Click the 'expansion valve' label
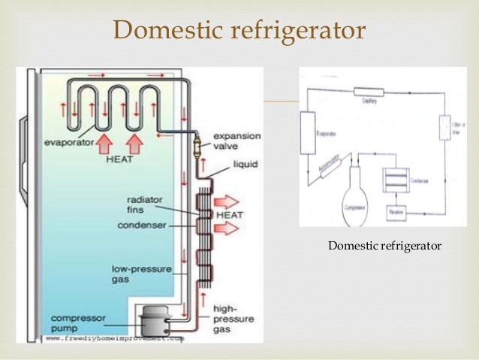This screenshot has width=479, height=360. click(x=236, y=141)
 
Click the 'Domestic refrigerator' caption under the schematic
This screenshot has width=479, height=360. click(x=384, y=246)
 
